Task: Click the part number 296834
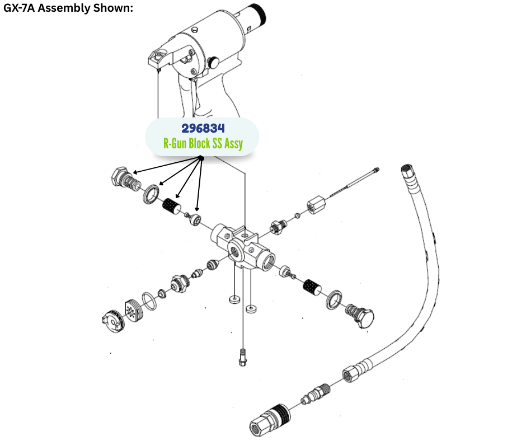click(203, 128)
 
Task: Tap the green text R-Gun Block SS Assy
click(203, 144)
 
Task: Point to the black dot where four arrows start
click(201, 159)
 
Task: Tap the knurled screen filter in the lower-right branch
click(311, 288)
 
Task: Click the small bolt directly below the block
click(242, 356)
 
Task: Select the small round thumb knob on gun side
click(213, 63)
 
